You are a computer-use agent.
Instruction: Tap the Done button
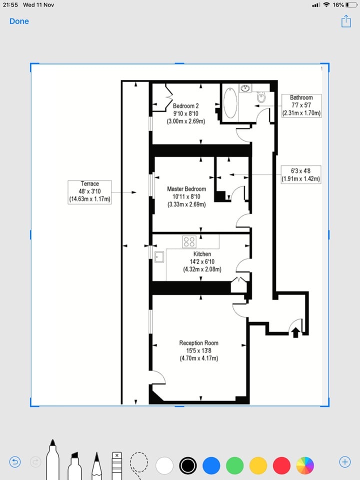tap(19, 21)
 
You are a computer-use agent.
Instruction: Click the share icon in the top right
tap(345, 21)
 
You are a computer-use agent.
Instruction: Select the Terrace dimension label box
tap(89, 192)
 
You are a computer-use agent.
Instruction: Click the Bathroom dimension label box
tap(301, 105)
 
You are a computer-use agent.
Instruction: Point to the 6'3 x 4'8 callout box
tap(300, 174)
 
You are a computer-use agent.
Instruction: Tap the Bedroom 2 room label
tap(186, 113)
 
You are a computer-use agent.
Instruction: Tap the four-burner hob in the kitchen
tap(189, 242)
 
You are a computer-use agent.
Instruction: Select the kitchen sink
tap(160, 257)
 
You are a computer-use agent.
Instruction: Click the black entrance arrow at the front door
tap(295, 331)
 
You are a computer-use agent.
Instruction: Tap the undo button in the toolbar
tap(15, 462)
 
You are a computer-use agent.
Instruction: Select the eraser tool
tap(116, 464)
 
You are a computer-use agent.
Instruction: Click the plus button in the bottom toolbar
tap(344, 462)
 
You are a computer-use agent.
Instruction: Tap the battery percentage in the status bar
tap(338, 4)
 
